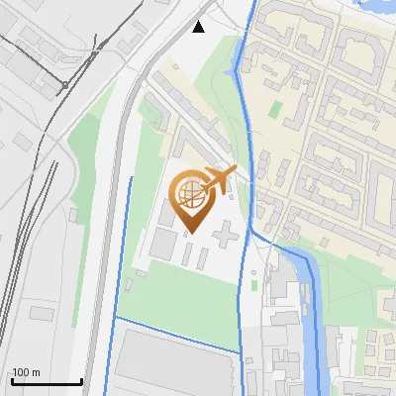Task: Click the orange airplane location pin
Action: (192, 197)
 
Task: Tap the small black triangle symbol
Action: (198, 27)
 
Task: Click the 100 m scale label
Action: (25, 372)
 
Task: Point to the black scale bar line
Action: (46, 381)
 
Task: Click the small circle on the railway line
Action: (97, 47)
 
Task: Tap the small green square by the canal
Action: (255, 285)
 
